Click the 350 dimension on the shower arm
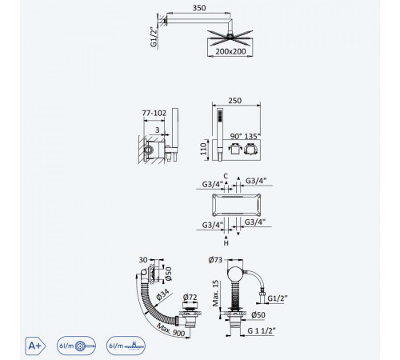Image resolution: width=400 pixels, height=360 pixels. coord(199,8)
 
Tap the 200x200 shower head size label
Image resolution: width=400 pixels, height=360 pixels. coord(230,51)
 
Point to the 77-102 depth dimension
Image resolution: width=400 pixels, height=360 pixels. coord(154,113)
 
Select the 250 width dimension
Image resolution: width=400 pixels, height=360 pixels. coord(235,101)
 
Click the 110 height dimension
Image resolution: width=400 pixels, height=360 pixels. coord(203,149)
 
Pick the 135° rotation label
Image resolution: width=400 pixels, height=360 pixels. coord(252,136)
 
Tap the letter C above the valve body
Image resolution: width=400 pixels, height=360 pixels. coord(226,176)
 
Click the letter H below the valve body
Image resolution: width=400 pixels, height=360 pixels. coord(226,243)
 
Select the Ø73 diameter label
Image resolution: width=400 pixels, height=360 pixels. coord(215,259)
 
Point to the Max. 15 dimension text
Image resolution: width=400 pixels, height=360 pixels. coord(215,293)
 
